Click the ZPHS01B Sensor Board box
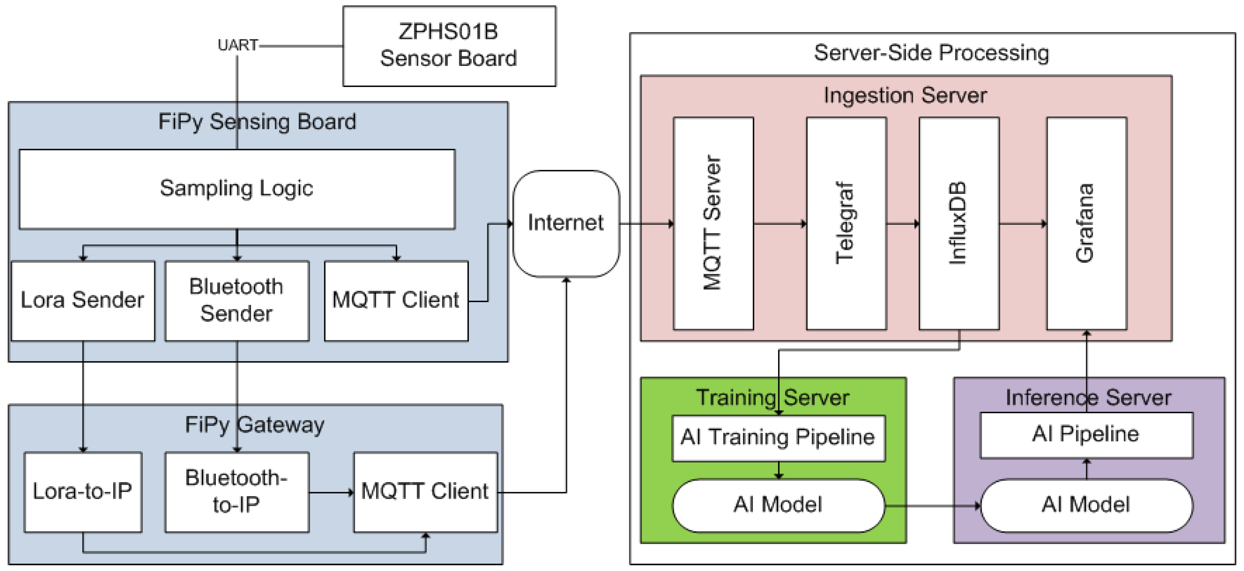(x=449, y=46)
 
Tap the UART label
(x=238, y=45)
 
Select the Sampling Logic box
(x=237, y=189)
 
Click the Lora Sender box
(x=83, y=301)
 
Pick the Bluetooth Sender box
(x=237, y=301)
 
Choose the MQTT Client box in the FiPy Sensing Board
(x=396, y=301)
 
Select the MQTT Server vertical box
(x=713, y=223)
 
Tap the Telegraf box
(x=846, y=223)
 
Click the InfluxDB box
(x=958, y=223)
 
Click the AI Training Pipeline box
(x=778, y=438)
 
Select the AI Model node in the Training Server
(x=778, y=505)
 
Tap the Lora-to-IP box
(x=83, y=492)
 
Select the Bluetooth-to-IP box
(x=237, y=492)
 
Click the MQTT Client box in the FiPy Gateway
(x=425, y=492)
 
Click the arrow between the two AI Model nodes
(x=932, y=506)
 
